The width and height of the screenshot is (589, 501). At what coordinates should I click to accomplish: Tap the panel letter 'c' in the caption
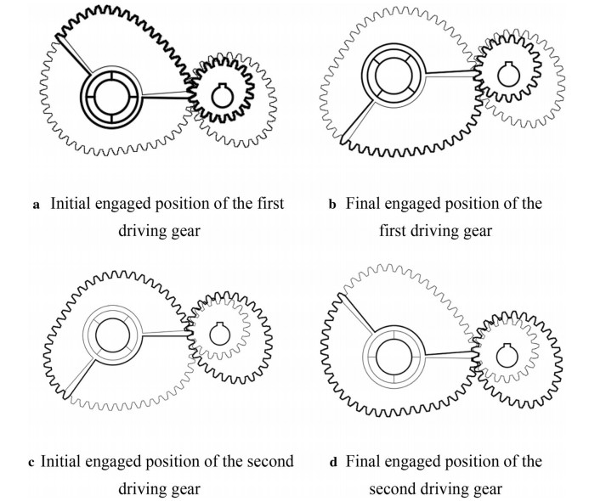point(31,462)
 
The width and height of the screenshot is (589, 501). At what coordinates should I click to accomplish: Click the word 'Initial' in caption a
point(71,205)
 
